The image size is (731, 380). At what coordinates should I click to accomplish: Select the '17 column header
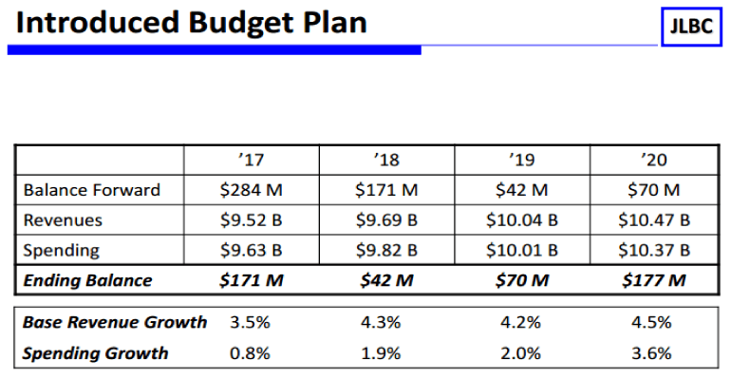(252, 160)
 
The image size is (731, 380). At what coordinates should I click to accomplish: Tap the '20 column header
(654, 160)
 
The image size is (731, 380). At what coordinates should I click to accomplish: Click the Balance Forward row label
(92, 190)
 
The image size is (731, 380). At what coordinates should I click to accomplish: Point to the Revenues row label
(64, 220)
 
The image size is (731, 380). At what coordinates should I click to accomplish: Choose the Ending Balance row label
(88, 280)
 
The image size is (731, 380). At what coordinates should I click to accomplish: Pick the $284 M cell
(252, 190)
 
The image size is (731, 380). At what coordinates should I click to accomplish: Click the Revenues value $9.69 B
(386, 220)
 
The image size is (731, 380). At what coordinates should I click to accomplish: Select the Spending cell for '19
(521, 251)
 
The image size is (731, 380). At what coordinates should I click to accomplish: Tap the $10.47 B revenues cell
(654, 220)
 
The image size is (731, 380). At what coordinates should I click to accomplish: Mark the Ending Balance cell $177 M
(654, 280)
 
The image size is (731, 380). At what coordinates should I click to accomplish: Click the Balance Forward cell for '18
(386, 190)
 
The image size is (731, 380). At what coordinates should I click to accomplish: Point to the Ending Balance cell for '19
(521, 280)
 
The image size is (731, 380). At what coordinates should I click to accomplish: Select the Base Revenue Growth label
(115, 322)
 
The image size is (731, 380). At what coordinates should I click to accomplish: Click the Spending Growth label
(96, 353)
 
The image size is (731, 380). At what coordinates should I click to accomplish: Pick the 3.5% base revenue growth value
(251, 322)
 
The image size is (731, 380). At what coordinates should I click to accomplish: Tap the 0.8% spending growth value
(251, 353)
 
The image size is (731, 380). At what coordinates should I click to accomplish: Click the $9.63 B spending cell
(252, 251)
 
